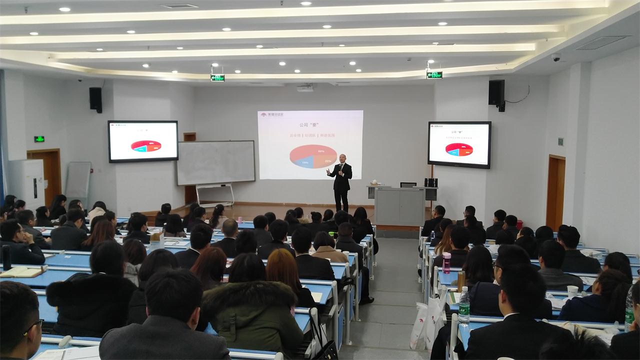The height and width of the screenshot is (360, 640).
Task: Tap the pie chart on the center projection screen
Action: tap(313, 156)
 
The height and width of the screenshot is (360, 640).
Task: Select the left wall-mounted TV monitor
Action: tap(143, 141)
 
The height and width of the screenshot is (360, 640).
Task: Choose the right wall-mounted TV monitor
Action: tap(459, 144)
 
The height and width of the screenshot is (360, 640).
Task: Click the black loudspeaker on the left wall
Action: tap(95, 99)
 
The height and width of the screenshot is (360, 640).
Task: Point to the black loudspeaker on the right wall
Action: tap(496, 94)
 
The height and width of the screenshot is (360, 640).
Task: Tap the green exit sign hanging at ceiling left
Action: tap(217, 77)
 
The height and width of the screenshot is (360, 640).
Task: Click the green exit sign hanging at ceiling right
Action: tap(434, 75)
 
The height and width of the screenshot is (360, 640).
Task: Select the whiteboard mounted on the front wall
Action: tap(215, 162)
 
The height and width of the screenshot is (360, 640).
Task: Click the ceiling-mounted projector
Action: tap(305, 88)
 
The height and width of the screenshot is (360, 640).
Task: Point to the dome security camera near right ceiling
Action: tap(556, 57)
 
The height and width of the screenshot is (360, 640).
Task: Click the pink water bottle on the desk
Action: tap(446, 262)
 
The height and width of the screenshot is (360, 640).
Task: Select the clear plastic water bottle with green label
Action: tap(464, 306)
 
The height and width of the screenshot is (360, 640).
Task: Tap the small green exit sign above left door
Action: tap(39, 139)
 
